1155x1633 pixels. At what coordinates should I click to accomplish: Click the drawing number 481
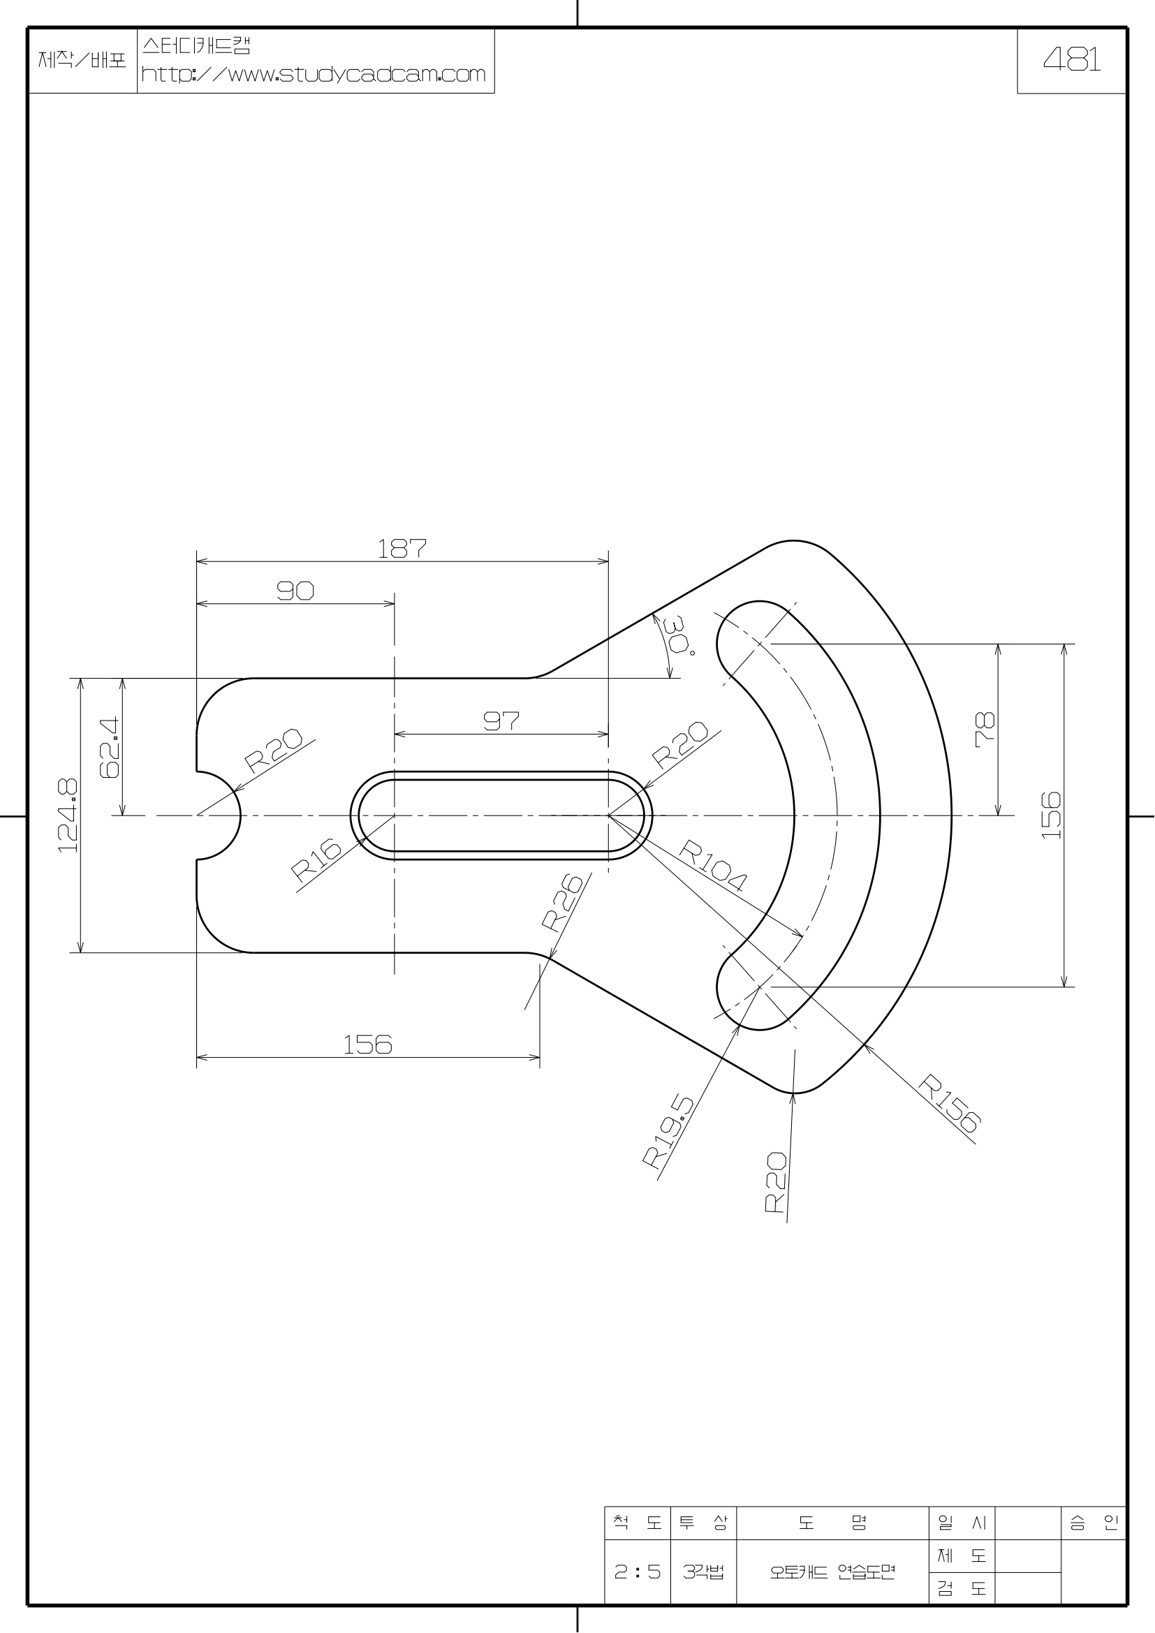1072,61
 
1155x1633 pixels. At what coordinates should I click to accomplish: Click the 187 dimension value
402,548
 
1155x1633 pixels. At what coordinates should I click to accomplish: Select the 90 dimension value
295,591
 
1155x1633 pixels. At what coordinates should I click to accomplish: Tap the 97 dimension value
501,721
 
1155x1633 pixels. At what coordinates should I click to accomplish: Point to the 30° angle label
677,635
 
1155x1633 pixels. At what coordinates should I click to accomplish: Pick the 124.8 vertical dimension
68,815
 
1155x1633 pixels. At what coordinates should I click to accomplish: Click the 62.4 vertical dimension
110,746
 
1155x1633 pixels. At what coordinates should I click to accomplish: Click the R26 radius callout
563,902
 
